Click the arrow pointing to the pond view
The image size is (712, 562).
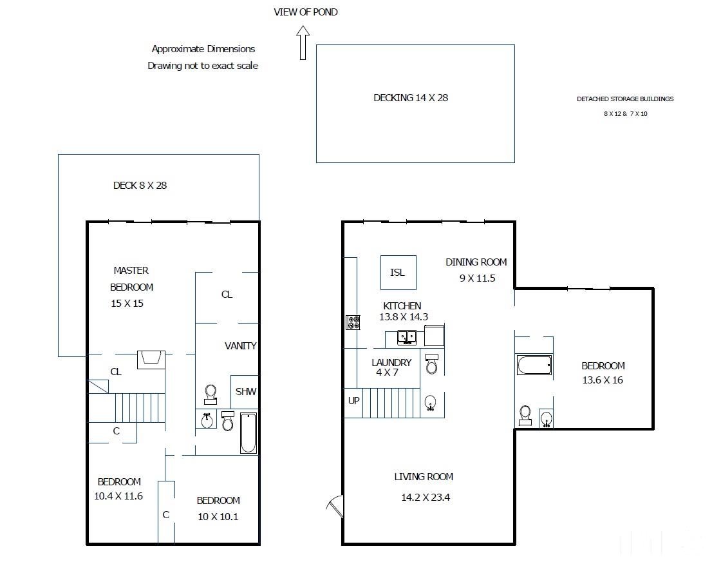point(303,43)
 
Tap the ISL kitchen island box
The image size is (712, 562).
point(398,273)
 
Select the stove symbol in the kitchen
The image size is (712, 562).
point(353,322)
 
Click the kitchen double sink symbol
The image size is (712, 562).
point(407,337)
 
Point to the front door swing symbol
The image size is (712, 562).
point(335,506)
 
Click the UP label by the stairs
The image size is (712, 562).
point(353,401)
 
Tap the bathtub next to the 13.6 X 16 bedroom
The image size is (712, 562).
point(534,365)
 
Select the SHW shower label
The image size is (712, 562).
point(246,391)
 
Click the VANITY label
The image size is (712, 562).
point(241,346)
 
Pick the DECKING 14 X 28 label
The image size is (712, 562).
point(411,98)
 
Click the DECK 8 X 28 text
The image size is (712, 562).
point(140,186)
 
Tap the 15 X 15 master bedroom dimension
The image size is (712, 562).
point(127,304)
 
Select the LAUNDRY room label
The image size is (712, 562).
point(391,362)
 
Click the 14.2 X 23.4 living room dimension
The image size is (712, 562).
point(426,498)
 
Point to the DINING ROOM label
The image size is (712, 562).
point(476,262)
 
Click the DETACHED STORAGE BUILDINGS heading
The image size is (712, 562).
point(625,99)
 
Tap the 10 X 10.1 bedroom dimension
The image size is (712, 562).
point(218,517)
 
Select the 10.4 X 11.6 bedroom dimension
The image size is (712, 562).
point(118,496)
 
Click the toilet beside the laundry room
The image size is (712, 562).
point(432,363)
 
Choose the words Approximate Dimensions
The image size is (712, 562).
point(203,49)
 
